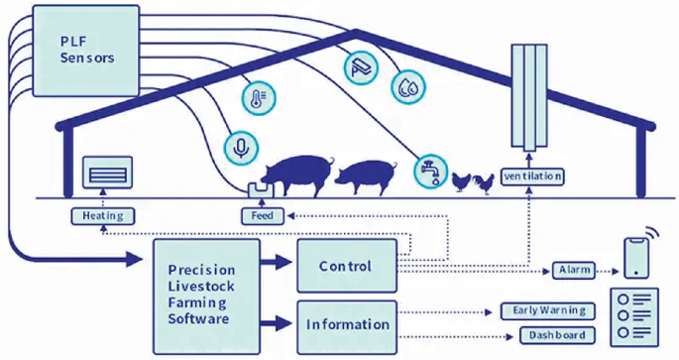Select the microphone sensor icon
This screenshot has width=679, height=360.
point(241,148)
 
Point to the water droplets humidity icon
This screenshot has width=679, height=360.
point(407,86)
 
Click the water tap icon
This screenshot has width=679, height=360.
point(429,168)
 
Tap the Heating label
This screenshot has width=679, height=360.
point(102,214)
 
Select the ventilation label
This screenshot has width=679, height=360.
point(532,177)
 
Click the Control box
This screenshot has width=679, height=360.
point(346,266)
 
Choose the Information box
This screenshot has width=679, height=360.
point(346,324)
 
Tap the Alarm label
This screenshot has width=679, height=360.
point(576,269)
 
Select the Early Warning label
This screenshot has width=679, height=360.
point(548,310)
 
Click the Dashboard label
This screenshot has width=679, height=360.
point(558,335)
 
